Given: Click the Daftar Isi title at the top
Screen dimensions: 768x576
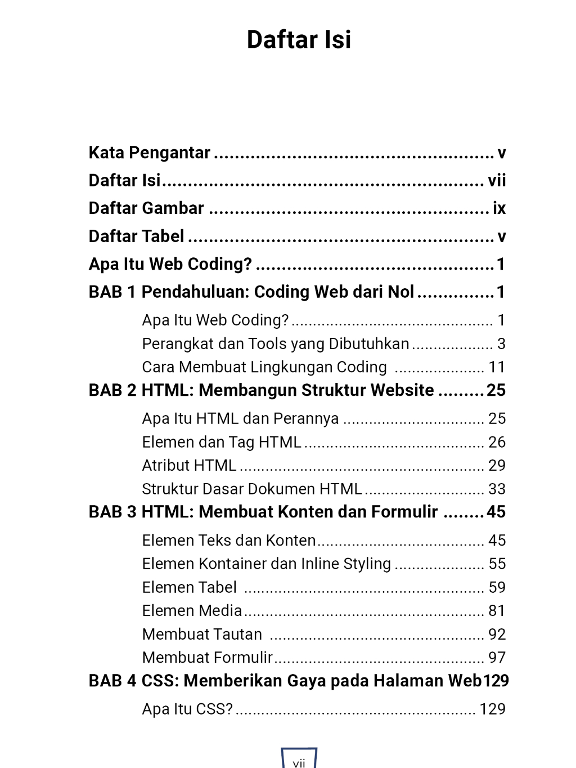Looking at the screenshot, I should pyautogui.click(x=299, y=40).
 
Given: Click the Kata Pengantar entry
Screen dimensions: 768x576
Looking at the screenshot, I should pyautogui.click(x=150, y=153).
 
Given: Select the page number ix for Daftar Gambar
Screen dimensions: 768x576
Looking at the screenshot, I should pyautogui.click(x=499, y=208).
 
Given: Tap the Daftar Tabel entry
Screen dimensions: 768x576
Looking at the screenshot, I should pyautogui.click(x=137, y=236).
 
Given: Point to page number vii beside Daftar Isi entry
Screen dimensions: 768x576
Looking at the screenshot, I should pyautogui.click(x=497, y=181).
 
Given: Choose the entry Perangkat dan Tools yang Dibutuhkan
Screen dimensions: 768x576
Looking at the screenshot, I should pyautogui.click(x=276, y=344).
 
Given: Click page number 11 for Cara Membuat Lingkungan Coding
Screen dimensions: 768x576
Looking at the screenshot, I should pyautogui.click(x=497, y=367).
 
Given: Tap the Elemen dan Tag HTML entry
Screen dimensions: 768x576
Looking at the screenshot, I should pyautogui.click(x=222, y=443).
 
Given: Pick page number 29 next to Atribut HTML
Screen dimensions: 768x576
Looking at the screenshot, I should pyautogui.click(x=497, y=466).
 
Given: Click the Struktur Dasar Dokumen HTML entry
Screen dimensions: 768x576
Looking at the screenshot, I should pyautogui.click(x=252, y=489).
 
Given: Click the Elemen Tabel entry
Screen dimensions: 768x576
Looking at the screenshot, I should pyautogui.click(x=190, y=588).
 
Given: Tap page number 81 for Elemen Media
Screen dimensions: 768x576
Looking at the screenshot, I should pyautogui.click(x=497, y=611).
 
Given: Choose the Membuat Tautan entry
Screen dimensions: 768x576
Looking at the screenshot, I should pyautogui.click(x=202, y=635).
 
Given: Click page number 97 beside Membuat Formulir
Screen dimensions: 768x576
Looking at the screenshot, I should pyautogui.click(x=497, y=658).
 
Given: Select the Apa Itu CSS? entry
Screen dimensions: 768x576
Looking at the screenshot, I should pyautogui.click(x=187, y=709).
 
